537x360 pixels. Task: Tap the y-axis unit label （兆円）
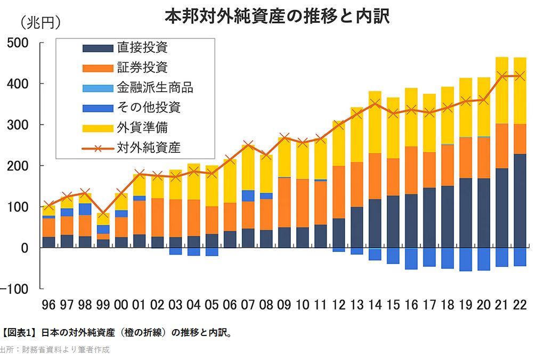(40, 23)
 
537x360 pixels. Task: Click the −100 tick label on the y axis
(17, 289)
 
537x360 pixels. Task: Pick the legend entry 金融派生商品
(154, 87)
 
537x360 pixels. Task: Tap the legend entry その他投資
(149, 108)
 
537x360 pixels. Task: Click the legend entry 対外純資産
(149, 148)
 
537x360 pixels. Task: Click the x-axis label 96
(49, 306)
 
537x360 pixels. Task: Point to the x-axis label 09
(284, 306)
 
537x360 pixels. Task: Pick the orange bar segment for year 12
(339, 192)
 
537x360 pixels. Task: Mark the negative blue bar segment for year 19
(466, 259)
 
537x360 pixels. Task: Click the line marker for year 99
(103, 214)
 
